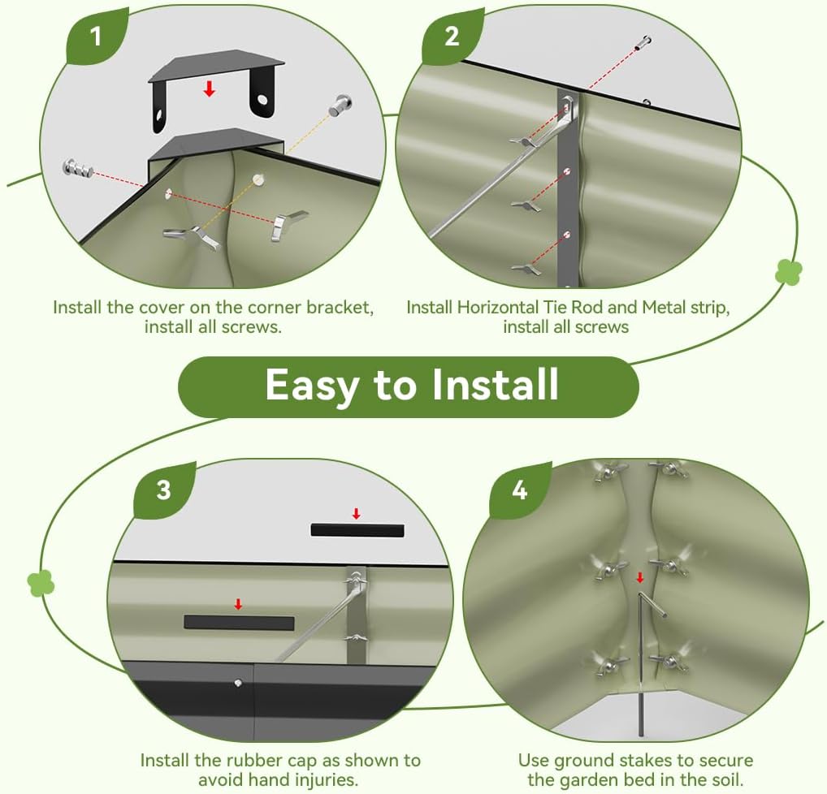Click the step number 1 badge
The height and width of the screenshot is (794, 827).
point(97,37)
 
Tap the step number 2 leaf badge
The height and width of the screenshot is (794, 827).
point(452,37)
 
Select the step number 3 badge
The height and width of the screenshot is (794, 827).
point(164,490)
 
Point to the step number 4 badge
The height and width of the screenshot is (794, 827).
point(520,490)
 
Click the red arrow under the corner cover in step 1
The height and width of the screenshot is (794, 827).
point(210,88)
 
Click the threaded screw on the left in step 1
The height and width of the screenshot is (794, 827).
point(78,168)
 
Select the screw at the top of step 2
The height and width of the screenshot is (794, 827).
point(643,42)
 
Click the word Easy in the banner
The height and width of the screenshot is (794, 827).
point(314,386)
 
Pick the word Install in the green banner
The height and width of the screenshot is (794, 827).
point(496,384)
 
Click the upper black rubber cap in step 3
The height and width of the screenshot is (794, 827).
point(357,530)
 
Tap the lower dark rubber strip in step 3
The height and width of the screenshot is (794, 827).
point(239,623)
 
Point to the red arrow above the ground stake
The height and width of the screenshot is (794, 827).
point(640,577)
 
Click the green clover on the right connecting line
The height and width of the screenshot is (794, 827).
point(789,273)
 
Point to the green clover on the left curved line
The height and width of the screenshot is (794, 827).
point(41,584)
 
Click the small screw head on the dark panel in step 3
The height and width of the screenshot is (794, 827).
point(238,683)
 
